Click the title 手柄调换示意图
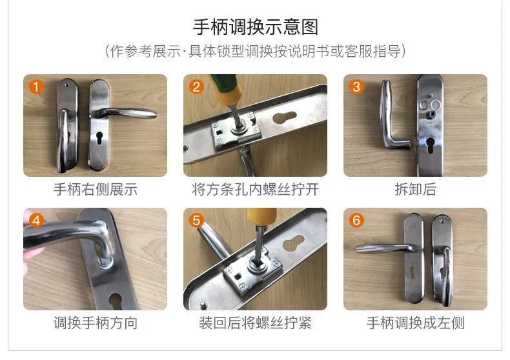[x=255, y=28]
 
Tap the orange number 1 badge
[x=37, y=86]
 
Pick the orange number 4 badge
[x=37, y=220]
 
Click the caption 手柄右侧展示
[x=95, y=190]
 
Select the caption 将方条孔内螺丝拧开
[x=255, y=190]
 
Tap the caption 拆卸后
[x=415, y=190]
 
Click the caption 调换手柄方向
[x=95, y=323]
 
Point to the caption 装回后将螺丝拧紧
[x=255, y=323]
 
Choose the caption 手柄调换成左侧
[x=415, y=323]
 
